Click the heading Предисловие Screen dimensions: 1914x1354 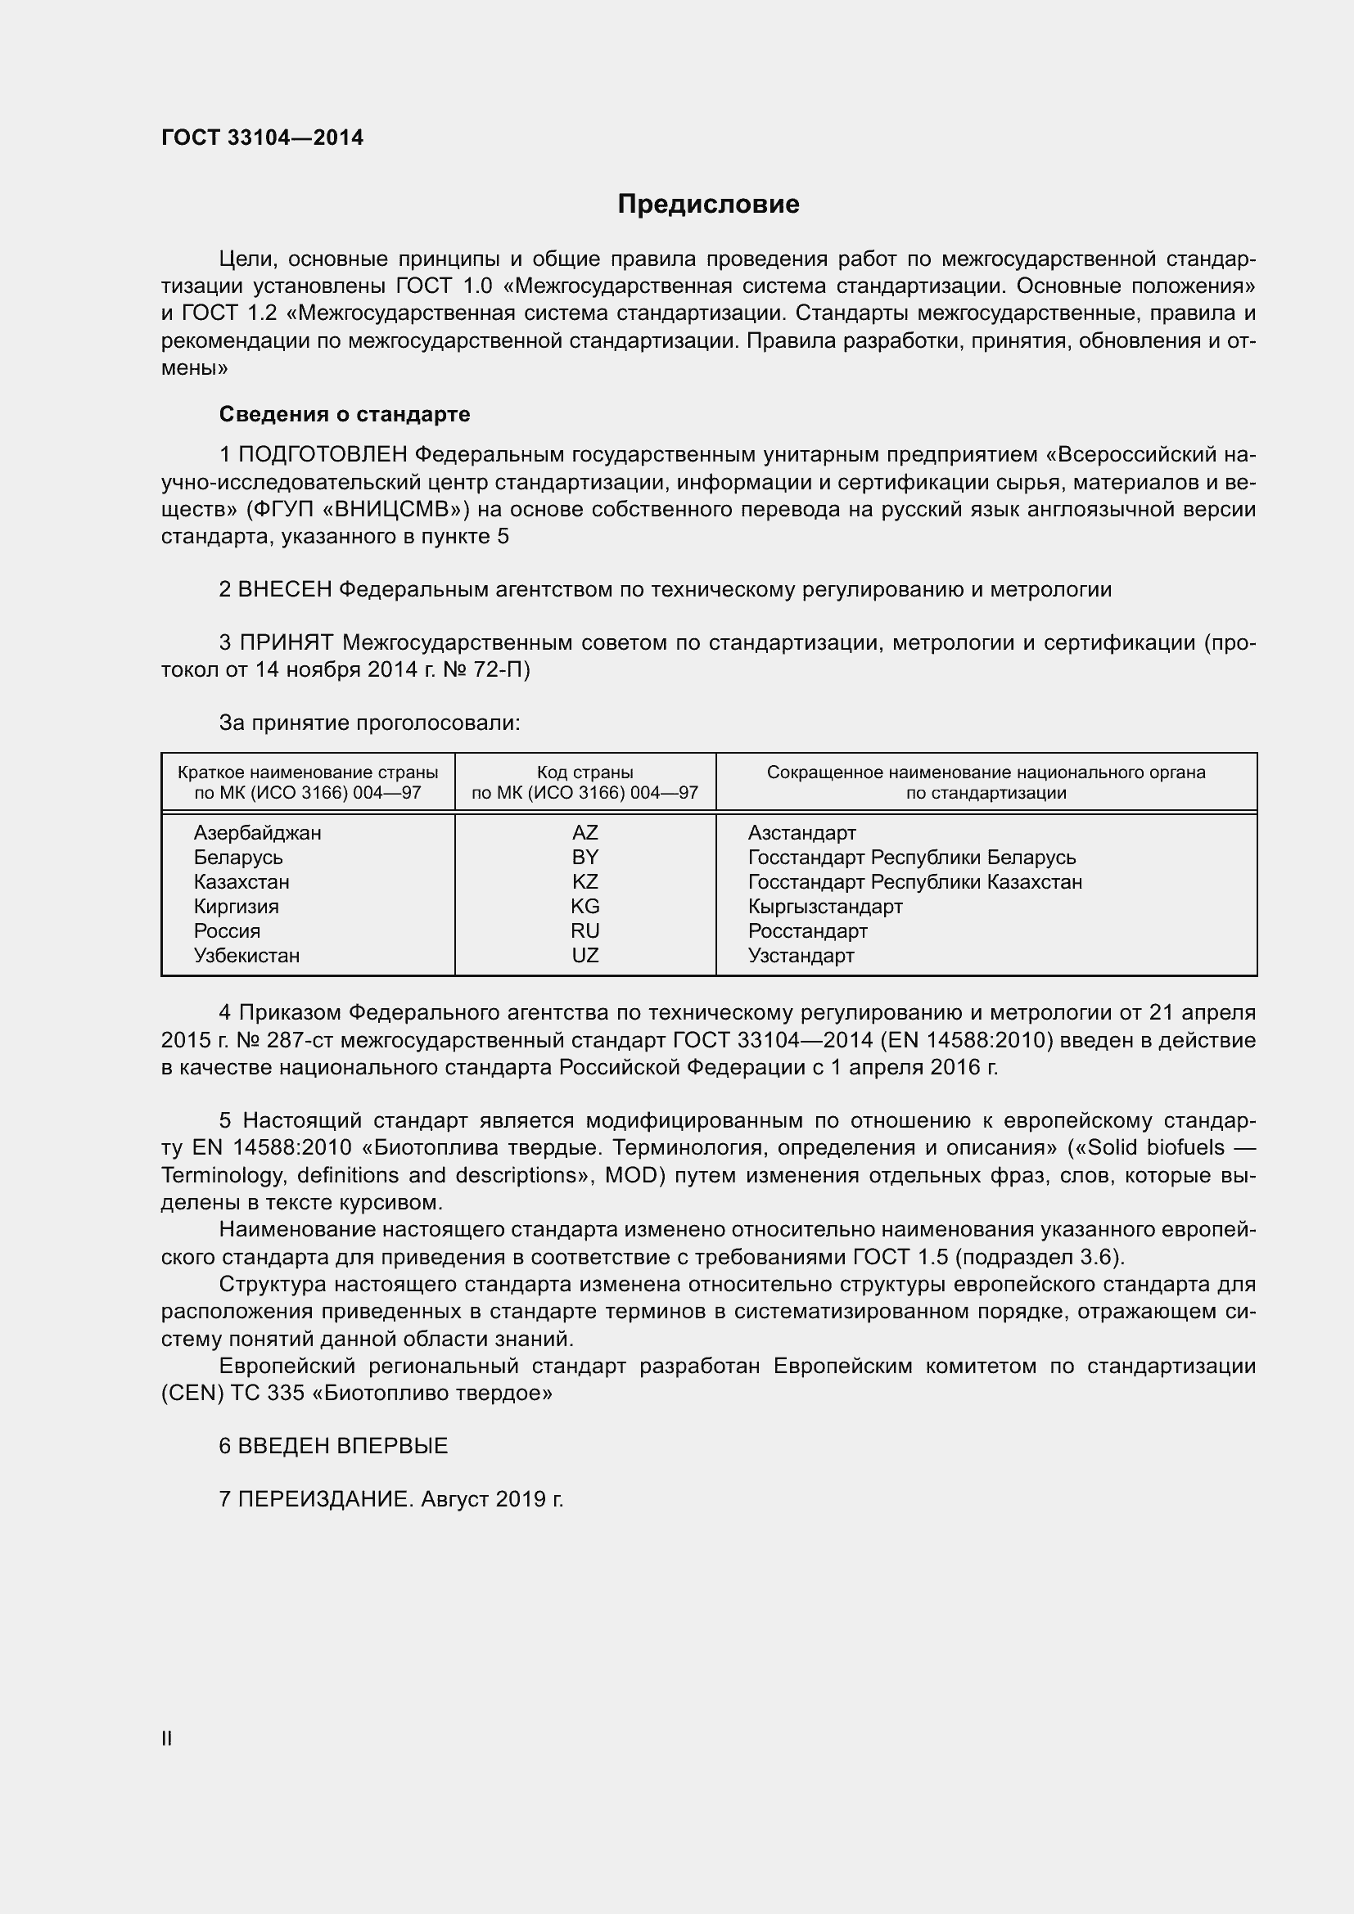(x=708, y=205)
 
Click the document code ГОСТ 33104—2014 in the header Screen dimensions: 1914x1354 (x=262, y=137)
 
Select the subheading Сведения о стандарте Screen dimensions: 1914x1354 (x=345, y=414)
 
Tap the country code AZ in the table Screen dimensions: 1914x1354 (x=584, y=833)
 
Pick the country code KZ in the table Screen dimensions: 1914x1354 (x=584, y=882)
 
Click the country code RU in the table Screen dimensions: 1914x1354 (x=584, y=931)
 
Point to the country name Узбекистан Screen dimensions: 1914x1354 (x=246, y=956)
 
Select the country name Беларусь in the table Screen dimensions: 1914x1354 (x=238, y=858)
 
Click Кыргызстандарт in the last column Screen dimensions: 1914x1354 (x=824, y=907)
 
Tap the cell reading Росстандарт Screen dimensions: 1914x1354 (x=807, y=931)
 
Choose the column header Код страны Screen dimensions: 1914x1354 (x=584, y=772)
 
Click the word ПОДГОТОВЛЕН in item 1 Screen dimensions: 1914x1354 (x=323, y=455)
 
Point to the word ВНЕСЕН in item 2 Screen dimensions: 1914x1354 (x=285, y=590)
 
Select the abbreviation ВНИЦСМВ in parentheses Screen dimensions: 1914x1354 (x=389, y=509)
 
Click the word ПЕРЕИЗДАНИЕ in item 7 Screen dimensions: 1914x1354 (x=325, y=1500)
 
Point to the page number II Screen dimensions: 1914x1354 (x=167, y=1739)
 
